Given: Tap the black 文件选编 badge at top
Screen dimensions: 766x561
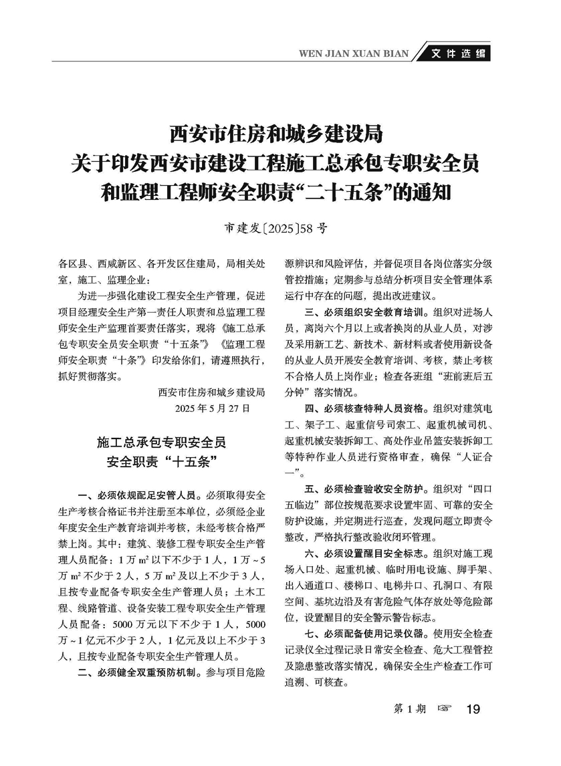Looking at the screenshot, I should pyautogui.click(x=457, y=54).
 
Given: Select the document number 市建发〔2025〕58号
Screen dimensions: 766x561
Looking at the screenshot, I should pyautogui.click(x=275, y=227).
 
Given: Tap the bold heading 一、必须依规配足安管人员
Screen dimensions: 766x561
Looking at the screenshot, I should pyautogui.click(x=137, y=495).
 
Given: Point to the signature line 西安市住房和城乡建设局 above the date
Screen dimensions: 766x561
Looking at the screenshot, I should pyautogui.click(x=212, y=392).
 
